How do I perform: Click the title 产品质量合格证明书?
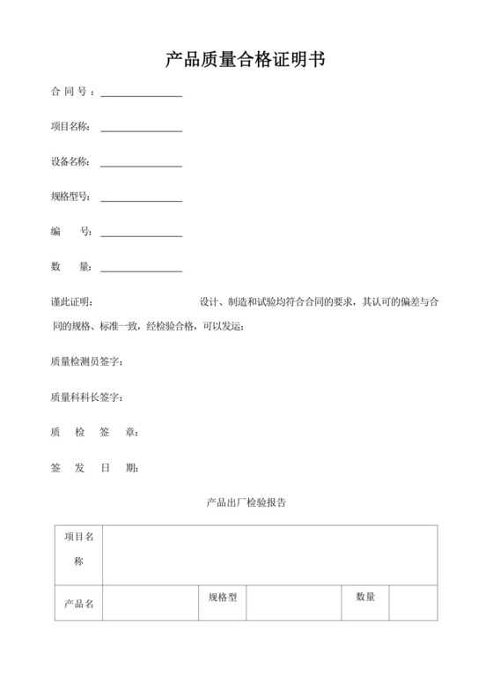click(x=246, y=60)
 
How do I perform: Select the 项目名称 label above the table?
click(x=70, y=127)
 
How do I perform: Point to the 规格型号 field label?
click(x=70, y=197)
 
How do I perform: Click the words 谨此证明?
click(x=76, y=302)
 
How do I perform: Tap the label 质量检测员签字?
click(x=86, y=362)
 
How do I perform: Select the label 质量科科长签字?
click(x=86, y=397)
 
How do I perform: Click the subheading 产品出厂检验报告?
click(x=246, y=503)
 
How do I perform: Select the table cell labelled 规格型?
click(x=222, y=598)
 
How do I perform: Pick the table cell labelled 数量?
click(x=365, y=598)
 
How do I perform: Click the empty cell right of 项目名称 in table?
click(x=269, y=555)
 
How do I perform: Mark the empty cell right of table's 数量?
click(x=413, y=603)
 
